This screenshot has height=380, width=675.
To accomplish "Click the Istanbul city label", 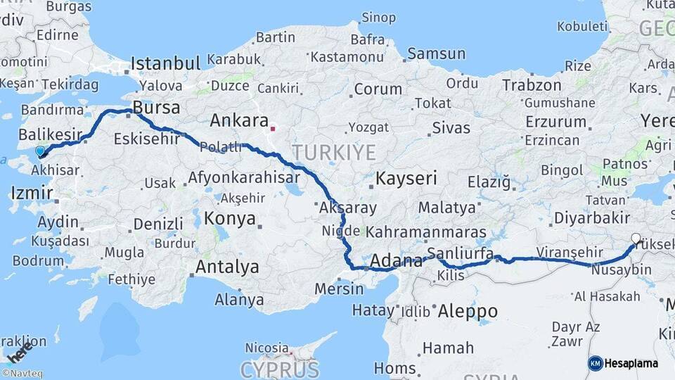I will tap(166, 63).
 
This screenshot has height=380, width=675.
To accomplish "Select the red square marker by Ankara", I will tap(273, 129).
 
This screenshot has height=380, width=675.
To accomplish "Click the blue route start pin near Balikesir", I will tap(40, 151).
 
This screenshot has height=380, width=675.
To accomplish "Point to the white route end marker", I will tap(636, 239).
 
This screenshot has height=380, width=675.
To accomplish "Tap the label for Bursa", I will tap(156, 108).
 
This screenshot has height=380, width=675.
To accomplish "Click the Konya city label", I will tap(229, 219).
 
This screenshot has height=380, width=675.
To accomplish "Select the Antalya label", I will tap(227, 267).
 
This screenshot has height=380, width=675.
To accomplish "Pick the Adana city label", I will tap(397, 261).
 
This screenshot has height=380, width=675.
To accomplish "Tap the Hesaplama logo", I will tap(624, 363).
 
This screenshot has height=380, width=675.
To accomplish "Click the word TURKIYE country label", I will tap(334, 152).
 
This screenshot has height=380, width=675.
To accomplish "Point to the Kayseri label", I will tap(406, 178).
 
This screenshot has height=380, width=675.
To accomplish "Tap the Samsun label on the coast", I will tap(437, 53).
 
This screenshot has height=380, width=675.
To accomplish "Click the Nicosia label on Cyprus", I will tap(266, 348).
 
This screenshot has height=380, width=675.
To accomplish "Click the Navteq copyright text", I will tap(22, 374).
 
